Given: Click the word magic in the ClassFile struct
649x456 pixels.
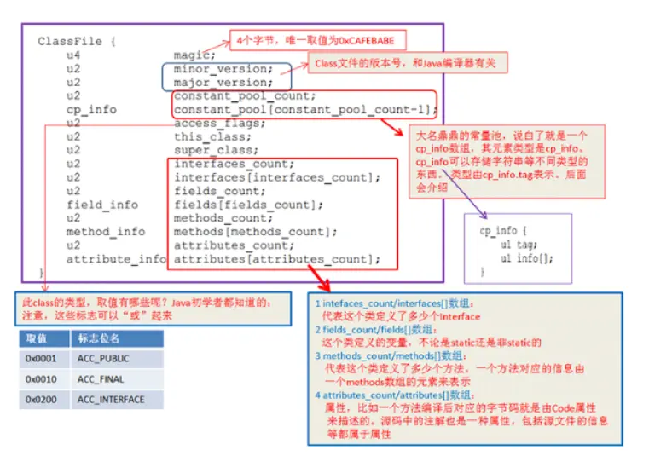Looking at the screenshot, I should pyautogui.click(x=192, y=55).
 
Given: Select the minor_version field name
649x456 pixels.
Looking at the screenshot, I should pyautogui.click(x=223, y=69).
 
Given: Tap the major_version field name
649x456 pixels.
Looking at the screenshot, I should pyautogui.click(x=223, y=83).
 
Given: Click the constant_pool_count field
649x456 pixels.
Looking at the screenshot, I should pyautogui.click(x=244, y=96).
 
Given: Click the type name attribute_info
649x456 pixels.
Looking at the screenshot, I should pyautogui.click(x=116, y=259).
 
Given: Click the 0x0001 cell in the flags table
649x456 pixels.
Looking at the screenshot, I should pyautogui.click(x=41, y=359).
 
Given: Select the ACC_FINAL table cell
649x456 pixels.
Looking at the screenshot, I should pyautogui.click(x=100, y=379).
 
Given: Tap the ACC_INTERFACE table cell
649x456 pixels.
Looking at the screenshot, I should pyautogui.click(x=110, y=400).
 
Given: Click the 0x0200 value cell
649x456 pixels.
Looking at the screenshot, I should pyautogui.click(x=41, y=400).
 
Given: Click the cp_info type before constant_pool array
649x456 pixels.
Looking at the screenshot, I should pyautogui.click(x=92, y=110).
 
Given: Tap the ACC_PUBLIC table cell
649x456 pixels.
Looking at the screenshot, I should pyautogui.click(x=102, y=359).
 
